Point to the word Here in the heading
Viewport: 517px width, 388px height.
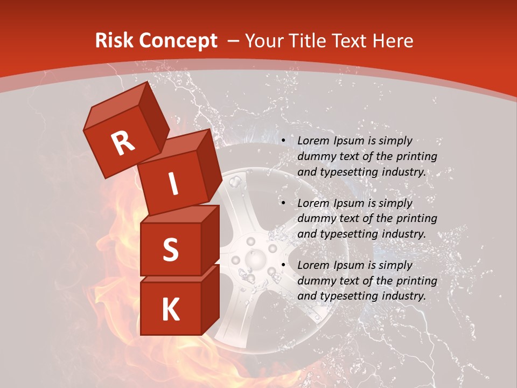(x=395, y=41)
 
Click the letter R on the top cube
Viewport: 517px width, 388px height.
(x=123, y=143)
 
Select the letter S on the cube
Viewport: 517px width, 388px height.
(x=170, y=250)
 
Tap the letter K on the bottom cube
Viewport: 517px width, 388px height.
(x=170, y=309)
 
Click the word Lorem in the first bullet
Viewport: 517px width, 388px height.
(x=312, y=141)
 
